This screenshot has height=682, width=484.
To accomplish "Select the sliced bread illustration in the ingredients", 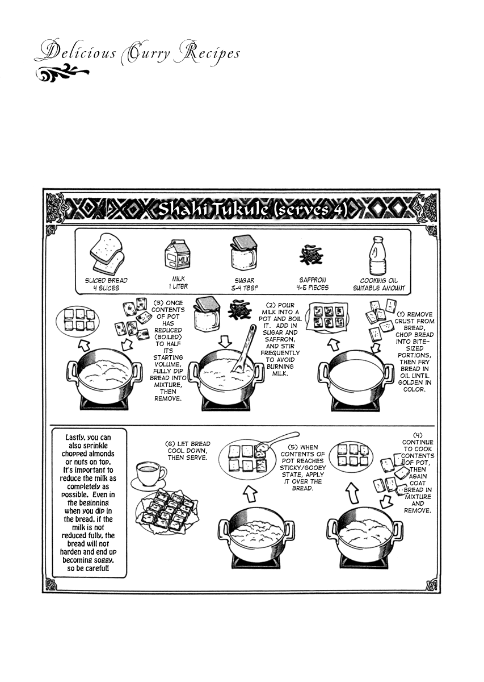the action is coord(107,253).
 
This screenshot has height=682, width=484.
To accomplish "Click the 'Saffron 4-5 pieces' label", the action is coord(313,284).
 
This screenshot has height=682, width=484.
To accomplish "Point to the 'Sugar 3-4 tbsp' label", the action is coord(245,284).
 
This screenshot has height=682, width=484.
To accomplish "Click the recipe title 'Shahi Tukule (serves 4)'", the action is coord(252,210).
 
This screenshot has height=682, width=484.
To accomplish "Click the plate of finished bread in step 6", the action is coord(167,513).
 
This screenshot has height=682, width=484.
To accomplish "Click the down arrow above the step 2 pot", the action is coord(225,342).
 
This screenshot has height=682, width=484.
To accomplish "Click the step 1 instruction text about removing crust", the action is coord(415,352).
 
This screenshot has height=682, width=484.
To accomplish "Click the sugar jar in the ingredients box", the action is coord(243,252).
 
